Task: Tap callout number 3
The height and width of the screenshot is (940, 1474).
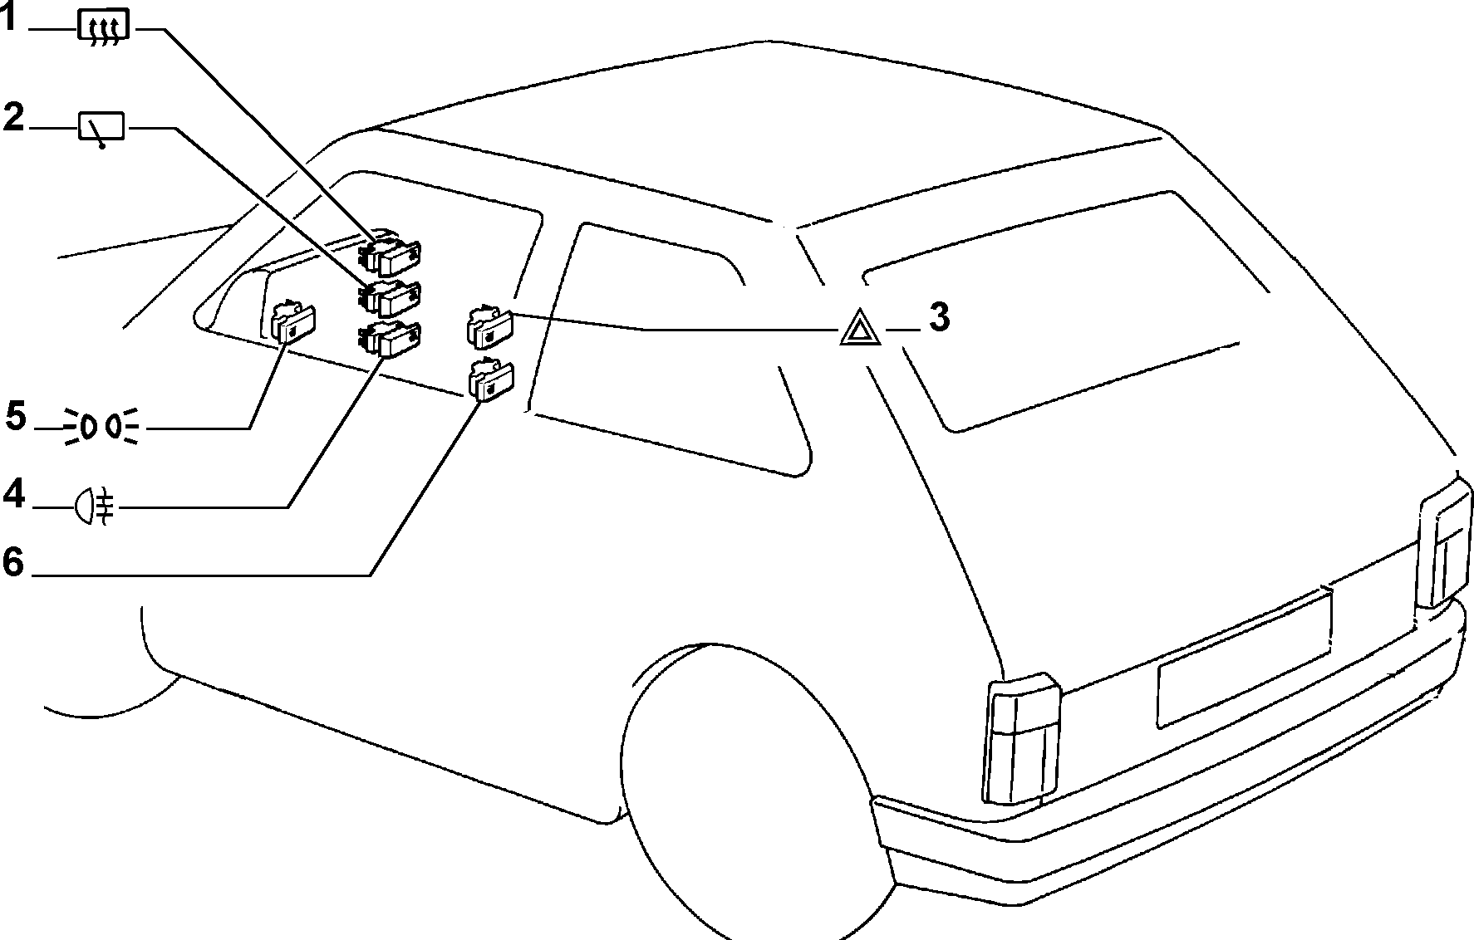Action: (x=939, y=316)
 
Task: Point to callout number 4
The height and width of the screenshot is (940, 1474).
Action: (x=14, y=494)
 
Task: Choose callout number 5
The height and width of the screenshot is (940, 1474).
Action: (x=16, y=415)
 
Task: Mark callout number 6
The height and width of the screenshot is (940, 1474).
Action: (x=14, y=562)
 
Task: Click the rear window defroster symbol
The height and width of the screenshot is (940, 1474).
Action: (x=101, y=27)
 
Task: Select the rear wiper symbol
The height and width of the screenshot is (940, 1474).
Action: (x=101, y=130)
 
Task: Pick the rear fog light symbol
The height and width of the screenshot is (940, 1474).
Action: (x=95, y=505)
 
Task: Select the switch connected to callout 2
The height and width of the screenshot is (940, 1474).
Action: (x=389, y=299)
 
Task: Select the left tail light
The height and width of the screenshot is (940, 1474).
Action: (x=1021, y=739)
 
